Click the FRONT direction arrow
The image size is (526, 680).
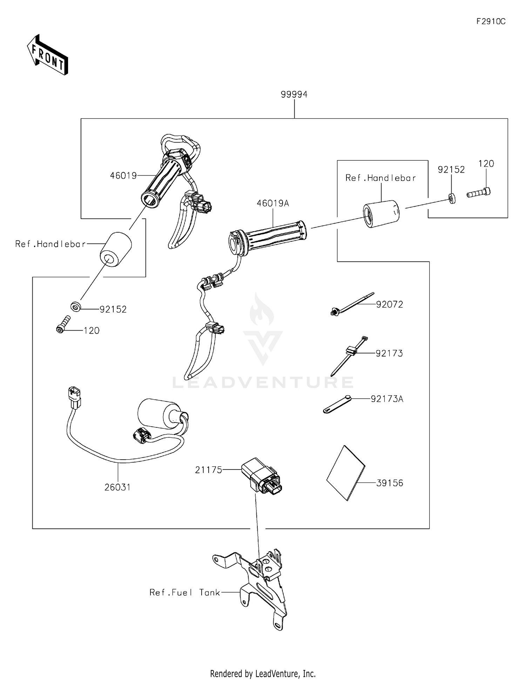48,55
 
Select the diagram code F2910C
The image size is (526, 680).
491,21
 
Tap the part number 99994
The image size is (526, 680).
294,94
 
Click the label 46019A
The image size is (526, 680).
273,203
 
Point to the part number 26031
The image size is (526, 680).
117,487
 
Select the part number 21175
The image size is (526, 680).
209,470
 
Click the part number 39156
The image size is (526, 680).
390,483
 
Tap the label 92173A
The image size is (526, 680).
387,399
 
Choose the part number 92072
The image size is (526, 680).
390,304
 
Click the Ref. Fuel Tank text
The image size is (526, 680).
185,592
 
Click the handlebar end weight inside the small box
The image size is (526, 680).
381,214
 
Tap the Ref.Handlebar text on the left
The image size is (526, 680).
50,244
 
